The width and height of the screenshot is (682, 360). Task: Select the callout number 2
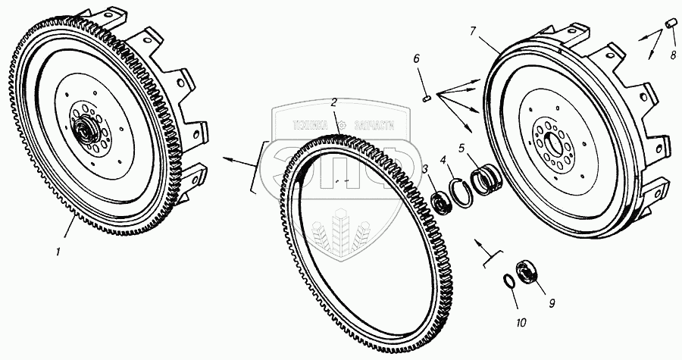point(333,102)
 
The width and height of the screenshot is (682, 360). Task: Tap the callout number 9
point(552,303)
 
